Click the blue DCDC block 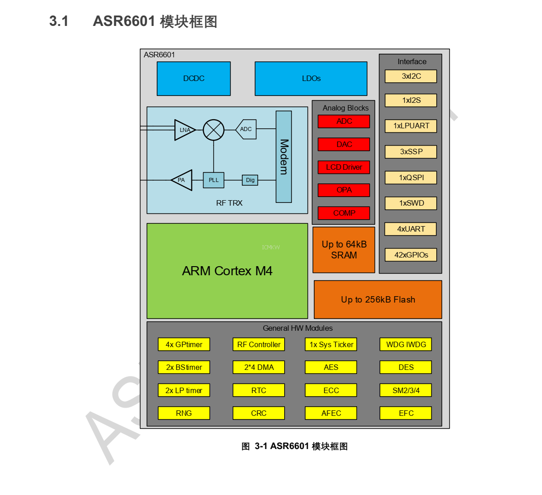[x=194, y=79]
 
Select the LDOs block [x=311, y=79]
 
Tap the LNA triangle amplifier [x=184, y=130]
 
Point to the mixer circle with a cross [x=213, y=130]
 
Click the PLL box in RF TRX [x=213, y=180]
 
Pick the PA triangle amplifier [x=183, y=180]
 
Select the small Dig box [x=250, y=180]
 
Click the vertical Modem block [x=283, y=157]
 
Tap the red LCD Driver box [x=344, y=167]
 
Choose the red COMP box [x=344, y=213]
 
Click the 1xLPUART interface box [x=411, y=126]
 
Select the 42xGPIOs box [x=411, y=255]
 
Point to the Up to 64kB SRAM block [x=344, y=250]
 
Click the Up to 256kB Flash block [x=378, y=299]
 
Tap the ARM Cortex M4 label [x=227, y=271]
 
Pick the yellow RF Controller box [x=259, y=344]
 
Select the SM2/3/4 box [x=406, y=390]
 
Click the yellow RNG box [x=184, y=413]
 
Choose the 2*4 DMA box [x=259, y=367]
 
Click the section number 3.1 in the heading [x=59, y=21]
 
